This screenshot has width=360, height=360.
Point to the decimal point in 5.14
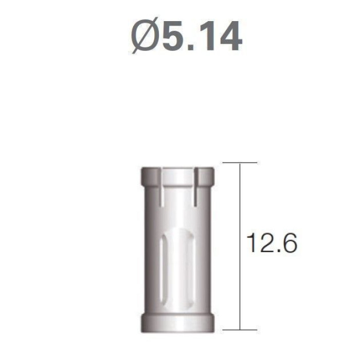point(190,47)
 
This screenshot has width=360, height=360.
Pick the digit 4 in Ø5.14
point(230,35)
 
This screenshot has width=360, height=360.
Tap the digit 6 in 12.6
point(290,243)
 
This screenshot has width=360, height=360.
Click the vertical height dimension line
point(240,246)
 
